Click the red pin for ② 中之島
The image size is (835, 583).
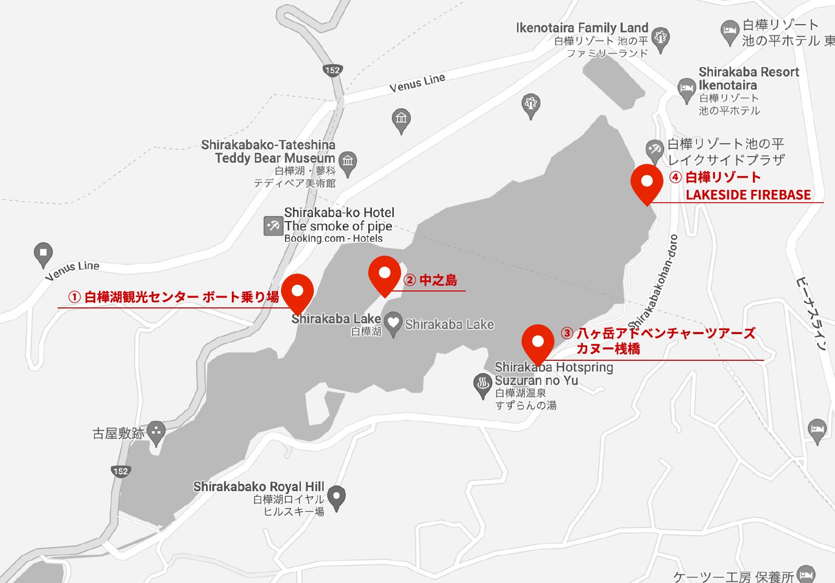(x=385, y=274)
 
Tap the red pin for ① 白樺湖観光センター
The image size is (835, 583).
(x=297, y=291)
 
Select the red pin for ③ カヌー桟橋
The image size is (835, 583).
(x=538, y=342)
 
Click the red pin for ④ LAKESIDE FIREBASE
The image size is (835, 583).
(x=647, y=182)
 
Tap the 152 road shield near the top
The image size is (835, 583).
(x=332, y=70)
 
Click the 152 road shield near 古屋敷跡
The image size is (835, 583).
(x=121, y=471)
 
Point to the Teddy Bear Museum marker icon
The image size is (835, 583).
(x=348, y=162)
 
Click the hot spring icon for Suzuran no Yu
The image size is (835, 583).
(x=482, y=384)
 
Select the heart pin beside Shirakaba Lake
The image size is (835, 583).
(x=393, y=323)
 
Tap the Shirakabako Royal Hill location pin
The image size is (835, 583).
(x=336, y=496)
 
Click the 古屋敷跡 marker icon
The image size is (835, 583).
(x=156, y=432)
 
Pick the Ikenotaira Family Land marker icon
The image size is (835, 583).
(x=661, y=38)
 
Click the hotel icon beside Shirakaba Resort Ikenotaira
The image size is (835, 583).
(x=686, y=89)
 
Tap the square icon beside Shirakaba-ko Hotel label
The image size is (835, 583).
(x=273, y=225)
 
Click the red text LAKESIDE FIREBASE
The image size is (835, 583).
(x=748, y=195)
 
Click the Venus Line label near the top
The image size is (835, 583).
(x=417, y=83)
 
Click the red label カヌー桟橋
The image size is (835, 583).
(x=608, y=349)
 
